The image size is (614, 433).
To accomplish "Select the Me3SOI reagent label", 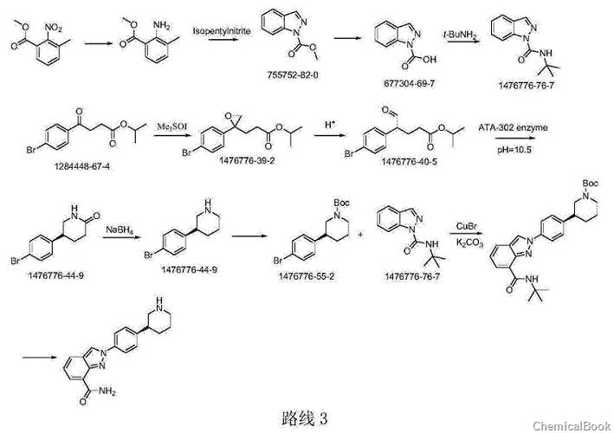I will click(168, 126).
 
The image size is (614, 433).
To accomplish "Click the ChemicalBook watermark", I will click(571, 425).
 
